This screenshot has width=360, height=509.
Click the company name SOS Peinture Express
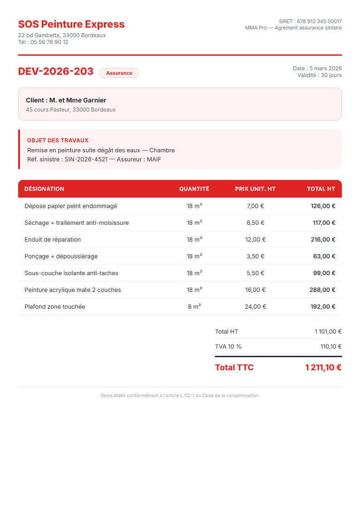coord(71,24)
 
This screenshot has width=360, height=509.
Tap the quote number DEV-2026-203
coord(56,72)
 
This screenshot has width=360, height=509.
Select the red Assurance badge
coord(119,73)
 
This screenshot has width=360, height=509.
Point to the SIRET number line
coord(310,21)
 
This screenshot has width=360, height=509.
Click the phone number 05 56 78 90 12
coord(49,42)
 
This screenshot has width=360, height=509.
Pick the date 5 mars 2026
coord(325,68)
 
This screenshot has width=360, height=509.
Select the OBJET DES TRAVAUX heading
coord(58,141)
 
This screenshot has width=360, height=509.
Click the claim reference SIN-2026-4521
coord(86,160)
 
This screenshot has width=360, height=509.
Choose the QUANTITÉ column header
coord(194,189)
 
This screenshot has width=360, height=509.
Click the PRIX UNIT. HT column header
coord(255,189)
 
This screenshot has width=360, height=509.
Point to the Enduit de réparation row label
coord(53,239)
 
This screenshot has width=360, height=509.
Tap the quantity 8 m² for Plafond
coord(194,307)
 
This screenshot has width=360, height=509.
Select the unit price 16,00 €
coord(255,290)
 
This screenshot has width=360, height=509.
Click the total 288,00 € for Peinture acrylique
coord(322,290)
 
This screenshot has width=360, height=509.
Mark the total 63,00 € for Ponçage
coord(324,257)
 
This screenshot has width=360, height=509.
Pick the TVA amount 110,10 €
coord(331,347)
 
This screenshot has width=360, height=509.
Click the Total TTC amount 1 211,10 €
coord(323,368)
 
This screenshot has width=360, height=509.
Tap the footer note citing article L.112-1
coord(180,396)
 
